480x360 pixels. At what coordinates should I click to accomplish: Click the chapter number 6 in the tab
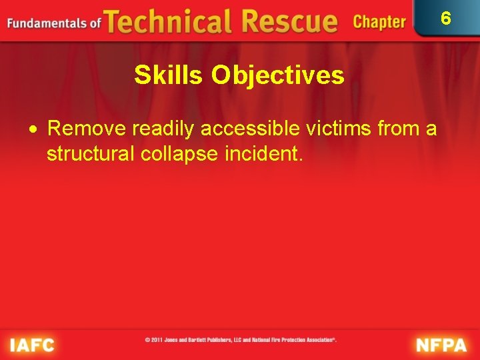click(446, 18)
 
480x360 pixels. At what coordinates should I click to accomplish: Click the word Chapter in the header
click(379, 22)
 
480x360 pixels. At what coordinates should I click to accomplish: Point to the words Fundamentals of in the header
click(53, 23)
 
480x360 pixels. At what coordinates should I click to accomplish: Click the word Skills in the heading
click(169, 75)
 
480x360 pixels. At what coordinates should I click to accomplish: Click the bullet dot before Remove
click(40, 129)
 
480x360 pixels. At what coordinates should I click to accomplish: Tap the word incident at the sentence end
click(265, 155)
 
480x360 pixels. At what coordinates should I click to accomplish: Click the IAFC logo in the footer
click(31, 344)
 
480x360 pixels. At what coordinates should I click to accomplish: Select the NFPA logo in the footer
click(441, 345)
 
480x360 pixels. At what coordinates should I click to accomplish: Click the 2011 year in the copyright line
click(157, 339)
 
